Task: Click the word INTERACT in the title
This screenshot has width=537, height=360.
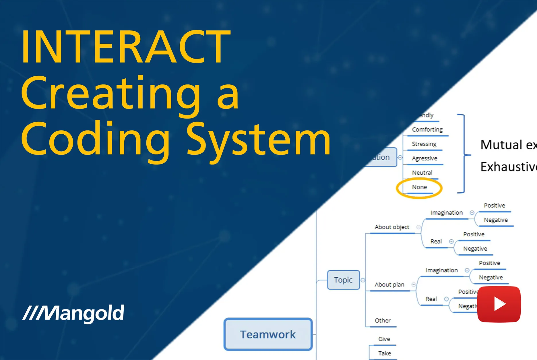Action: coord(126,47)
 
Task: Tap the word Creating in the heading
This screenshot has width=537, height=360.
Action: coord(110,93)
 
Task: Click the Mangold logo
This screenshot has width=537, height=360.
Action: coord(73,313)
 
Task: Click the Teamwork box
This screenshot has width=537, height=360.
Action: coord(268,334)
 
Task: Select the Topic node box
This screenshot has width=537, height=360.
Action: coord(343,280)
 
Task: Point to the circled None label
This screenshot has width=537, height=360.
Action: coord(419,187)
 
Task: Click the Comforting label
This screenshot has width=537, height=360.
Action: coord(427,129)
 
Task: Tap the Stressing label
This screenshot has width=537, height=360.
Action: coord(424,144)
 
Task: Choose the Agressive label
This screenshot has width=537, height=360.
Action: coord(424,158)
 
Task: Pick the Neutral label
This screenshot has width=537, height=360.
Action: coord(422,173)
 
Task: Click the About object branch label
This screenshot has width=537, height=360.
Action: coord(392,227)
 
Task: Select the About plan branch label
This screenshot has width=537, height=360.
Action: coord(389,284)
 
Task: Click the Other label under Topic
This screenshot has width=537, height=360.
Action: coord(382,320)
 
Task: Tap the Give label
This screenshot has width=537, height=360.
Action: coord(384,339)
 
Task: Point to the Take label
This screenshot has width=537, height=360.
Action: coord(384,353)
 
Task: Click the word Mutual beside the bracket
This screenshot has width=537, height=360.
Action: coord(501,145)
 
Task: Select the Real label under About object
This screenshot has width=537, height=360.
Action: coord(436,241)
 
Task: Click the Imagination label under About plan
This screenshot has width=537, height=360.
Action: coord(441,270)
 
